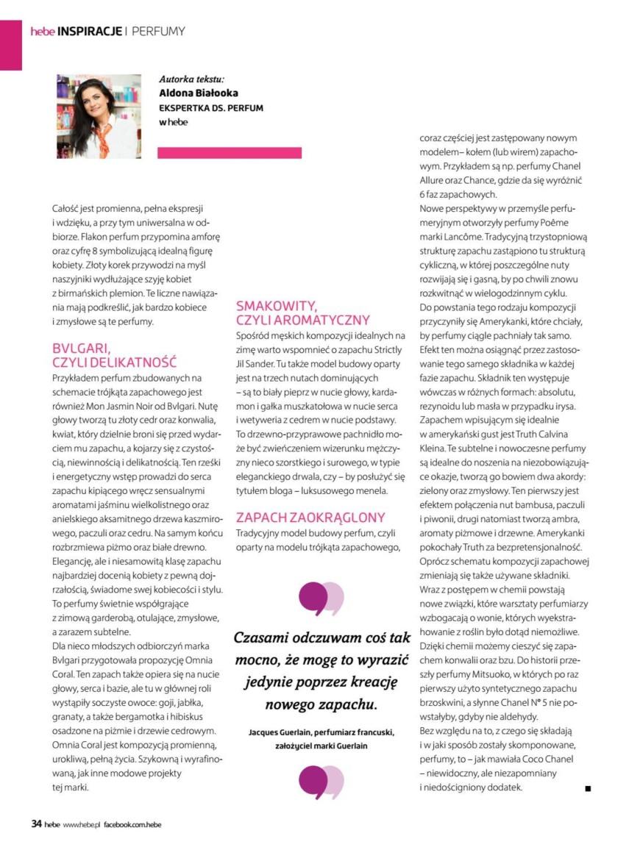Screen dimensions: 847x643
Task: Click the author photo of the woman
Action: coord(99,116)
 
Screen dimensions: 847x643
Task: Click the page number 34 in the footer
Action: coord(36,824)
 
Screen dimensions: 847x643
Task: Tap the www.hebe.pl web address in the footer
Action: coord(81,825)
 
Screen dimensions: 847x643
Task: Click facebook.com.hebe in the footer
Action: coord(132,825)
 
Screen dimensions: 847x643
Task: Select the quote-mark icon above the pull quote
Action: coord(321,597)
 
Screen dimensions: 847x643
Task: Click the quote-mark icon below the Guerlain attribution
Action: coord(321,782)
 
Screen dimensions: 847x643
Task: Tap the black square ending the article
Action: coord(588,789)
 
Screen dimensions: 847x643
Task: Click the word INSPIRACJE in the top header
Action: coord(89,31)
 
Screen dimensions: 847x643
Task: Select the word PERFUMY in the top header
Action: coord(158,31)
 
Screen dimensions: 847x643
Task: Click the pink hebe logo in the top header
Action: coord(43,31)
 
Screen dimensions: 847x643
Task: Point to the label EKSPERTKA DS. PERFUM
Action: coord(211,108)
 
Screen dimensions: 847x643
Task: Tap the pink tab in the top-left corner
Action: coord(10,44)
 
